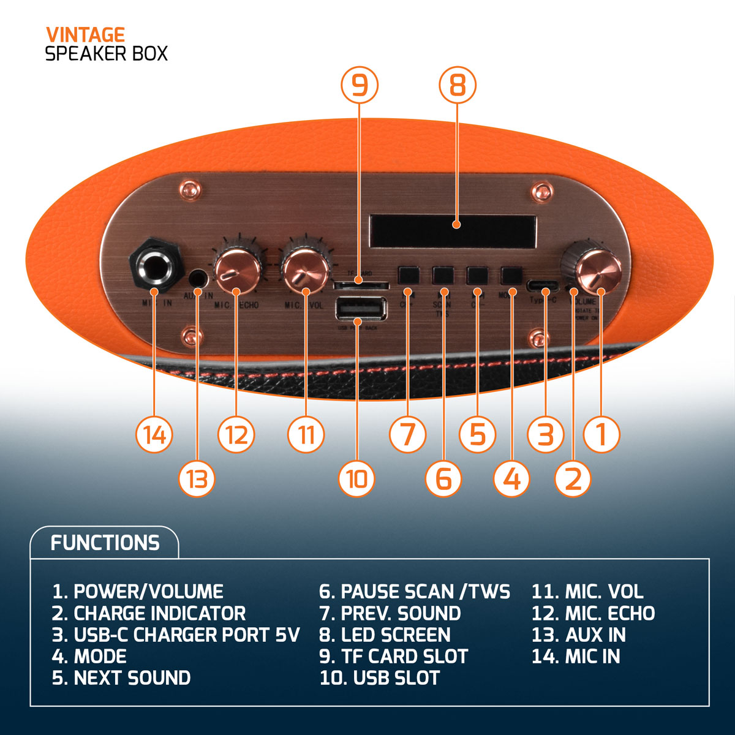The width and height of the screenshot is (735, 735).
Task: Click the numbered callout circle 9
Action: pos(360,85)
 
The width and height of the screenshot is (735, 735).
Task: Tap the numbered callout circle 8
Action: pos(458,85)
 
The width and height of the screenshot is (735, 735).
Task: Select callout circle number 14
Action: pos(155,435)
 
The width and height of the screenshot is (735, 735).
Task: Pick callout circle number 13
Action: pos(197,478)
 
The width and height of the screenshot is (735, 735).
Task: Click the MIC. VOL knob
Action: pos(304,269)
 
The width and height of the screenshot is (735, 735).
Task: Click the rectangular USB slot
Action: pos(361,309)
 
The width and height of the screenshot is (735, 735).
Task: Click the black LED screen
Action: pos(453,231)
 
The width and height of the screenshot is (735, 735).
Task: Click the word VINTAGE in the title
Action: pos(85,35)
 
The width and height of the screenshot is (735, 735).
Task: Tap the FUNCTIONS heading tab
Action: pos(105,543)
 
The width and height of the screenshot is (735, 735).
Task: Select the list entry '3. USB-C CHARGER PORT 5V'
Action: pos(176,635)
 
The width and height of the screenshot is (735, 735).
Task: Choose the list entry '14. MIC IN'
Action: pos(576,657)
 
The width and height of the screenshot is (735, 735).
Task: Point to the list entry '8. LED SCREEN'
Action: pos(385,635)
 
